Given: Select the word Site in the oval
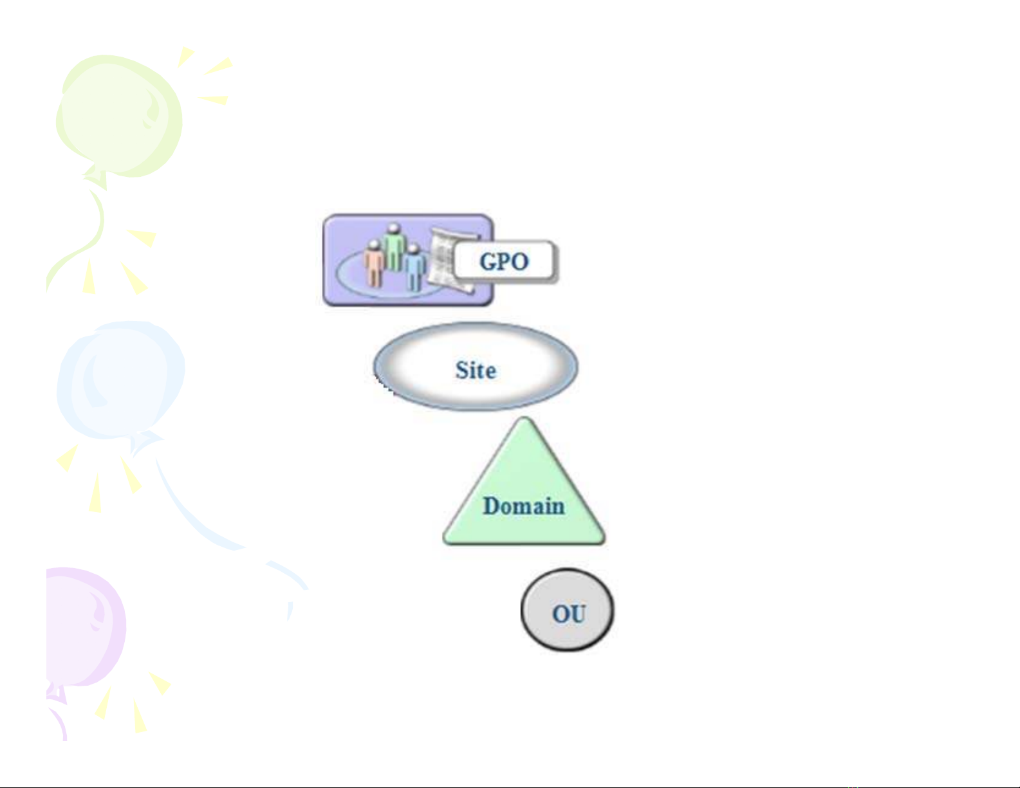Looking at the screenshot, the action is pos(476,370).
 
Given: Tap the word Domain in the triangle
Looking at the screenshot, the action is pos(524,506).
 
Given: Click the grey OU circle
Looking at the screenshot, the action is pos(567,610).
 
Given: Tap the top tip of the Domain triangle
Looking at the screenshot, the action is pos(524,417).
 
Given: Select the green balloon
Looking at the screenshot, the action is pos(119,117).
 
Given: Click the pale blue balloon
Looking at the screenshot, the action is pos(121,380).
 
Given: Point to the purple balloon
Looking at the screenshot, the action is pos(84,626).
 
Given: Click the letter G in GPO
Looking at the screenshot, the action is pos(488,261).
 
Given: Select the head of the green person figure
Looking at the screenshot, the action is pos(394,228).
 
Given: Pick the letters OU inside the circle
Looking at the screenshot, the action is pos(569,614).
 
